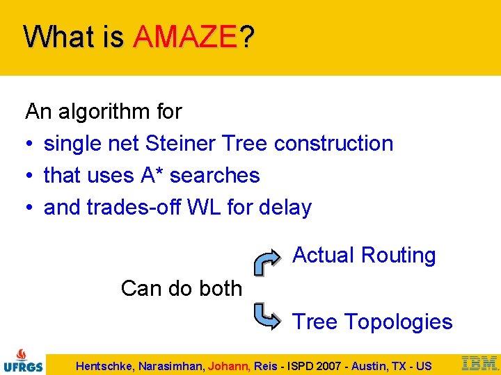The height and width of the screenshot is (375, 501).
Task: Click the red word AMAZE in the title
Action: click(x=185, y=36)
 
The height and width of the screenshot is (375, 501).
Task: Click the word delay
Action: click(x=285, y=207)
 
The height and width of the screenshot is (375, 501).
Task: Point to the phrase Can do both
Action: click(x=181, y=288)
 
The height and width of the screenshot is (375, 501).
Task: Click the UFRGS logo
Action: click(x=23, y=360)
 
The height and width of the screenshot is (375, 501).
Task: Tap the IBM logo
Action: click(x=479, y=362)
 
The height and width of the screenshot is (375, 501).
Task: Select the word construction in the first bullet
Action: click(x=333, y=143)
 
